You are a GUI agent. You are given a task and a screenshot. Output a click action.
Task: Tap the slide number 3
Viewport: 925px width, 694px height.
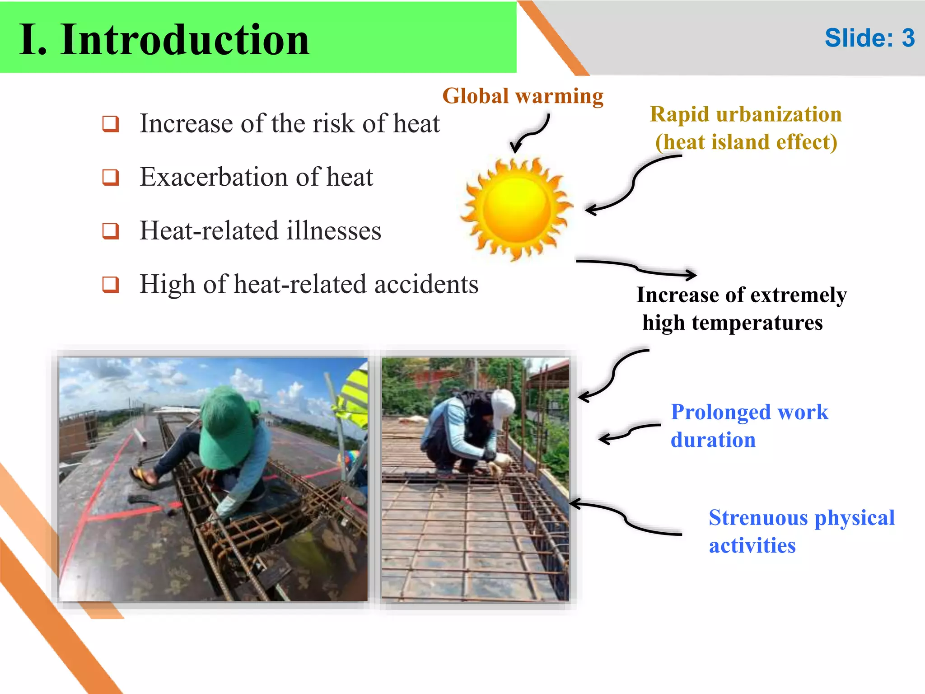tap(908, 38)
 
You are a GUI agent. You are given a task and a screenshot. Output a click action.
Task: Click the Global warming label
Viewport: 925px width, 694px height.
tap(523, 96)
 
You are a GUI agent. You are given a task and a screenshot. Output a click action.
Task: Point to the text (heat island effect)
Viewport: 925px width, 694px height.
tap(746, 142)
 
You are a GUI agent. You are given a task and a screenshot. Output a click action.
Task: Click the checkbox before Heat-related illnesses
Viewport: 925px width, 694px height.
tap(111, 231)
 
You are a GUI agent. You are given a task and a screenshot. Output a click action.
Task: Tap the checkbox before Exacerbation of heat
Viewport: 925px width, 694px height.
tap(111, 177)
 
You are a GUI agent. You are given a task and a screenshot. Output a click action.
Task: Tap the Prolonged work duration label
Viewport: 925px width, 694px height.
tap(749, 426)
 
